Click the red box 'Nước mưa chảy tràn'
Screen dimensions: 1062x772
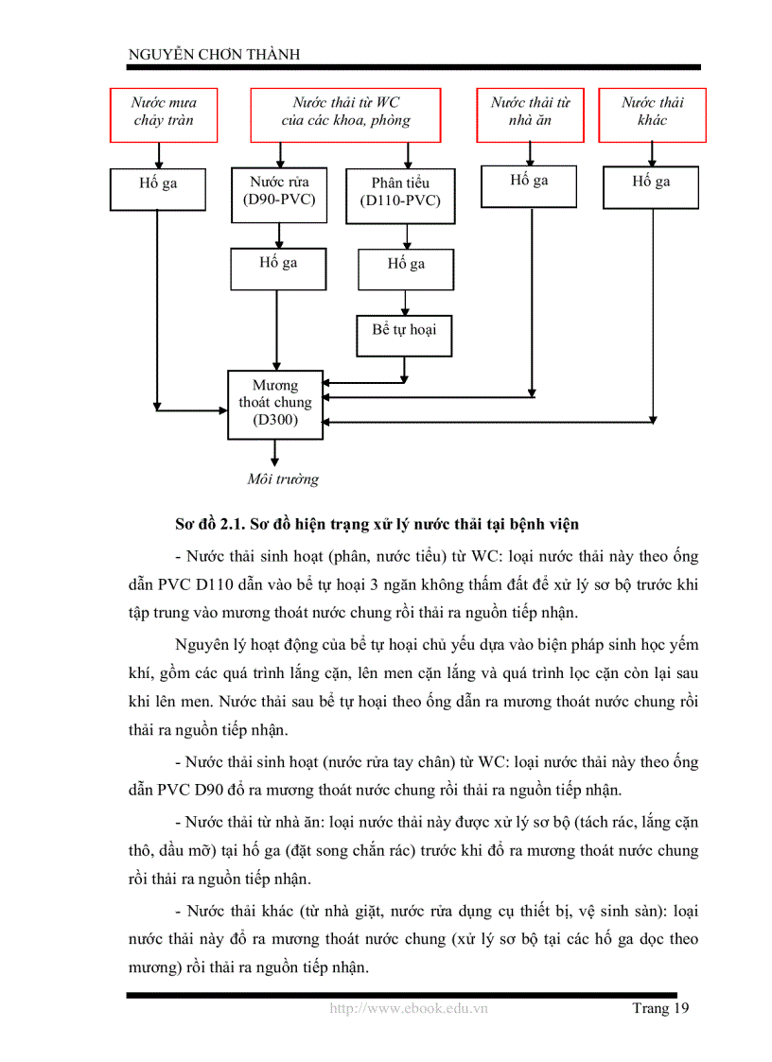click(x=163, y=114)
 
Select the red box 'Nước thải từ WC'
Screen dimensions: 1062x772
click(x=345, y=114)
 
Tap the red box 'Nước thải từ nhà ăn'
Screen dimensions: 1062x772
click(x=530, y=114)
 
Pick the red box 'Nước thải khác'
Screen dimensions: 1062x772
click(x=652, y=114)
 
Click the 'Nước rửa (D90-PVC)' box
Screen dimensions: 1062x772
click(x=279, y=195)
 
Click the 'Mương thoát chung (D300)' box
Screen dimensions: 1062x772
click(x=275, y=404)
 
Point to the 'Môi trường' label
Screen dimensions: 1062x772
click(x=283, y=479)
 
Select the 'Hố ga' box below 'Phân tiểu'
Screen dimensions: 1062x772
click(x=406, y=268)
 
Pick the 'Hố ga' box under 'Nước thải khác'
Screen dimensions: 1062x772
click(x=651, y=188)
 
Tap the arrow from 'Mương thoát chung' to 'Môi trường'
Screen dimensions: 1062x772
click(x=275, y=453)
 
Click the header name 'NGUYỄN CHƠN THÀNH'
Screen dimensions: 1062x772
click(x=214, y=55)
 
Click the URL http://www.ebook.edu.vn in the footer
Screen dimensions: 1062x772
click(x=409, y=1008)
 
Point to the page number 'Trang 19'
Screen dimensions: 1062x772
click(x=660, y=1008)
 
